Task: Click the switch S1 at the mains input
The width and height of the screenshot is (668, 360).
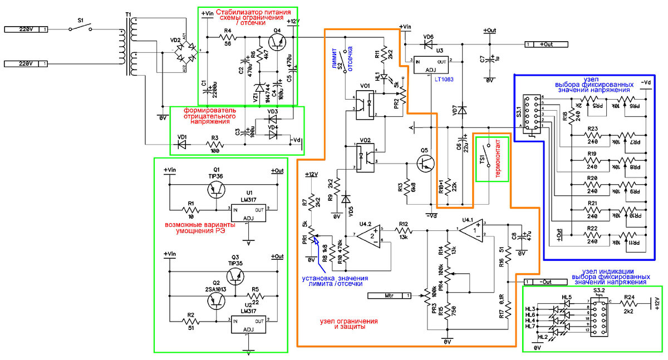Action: point(81,29)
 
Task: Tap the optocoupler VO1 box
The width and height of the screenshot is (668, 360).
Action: point(364,105)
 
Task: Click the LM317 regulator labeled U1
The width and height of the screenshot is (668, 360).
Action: point(249,213)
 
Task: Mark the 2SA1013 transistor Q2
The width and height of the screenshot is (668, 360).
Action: point(217,300)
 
